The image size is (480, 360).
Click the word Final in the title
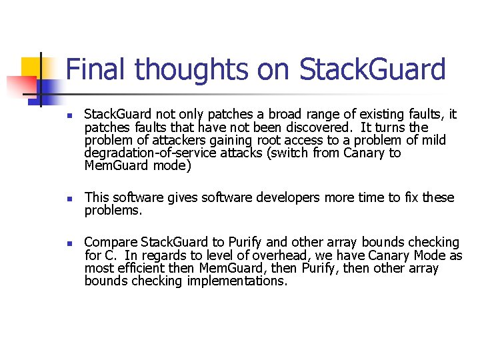point(95,69)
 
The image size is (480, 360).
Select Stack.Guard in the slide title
point(373,69)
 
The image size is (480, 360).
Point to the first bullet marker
point(69,115)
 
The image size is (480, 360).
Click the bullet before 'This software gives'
point(69,199)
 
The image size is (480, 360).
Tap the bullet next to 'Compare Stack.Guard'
point(69,243)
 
